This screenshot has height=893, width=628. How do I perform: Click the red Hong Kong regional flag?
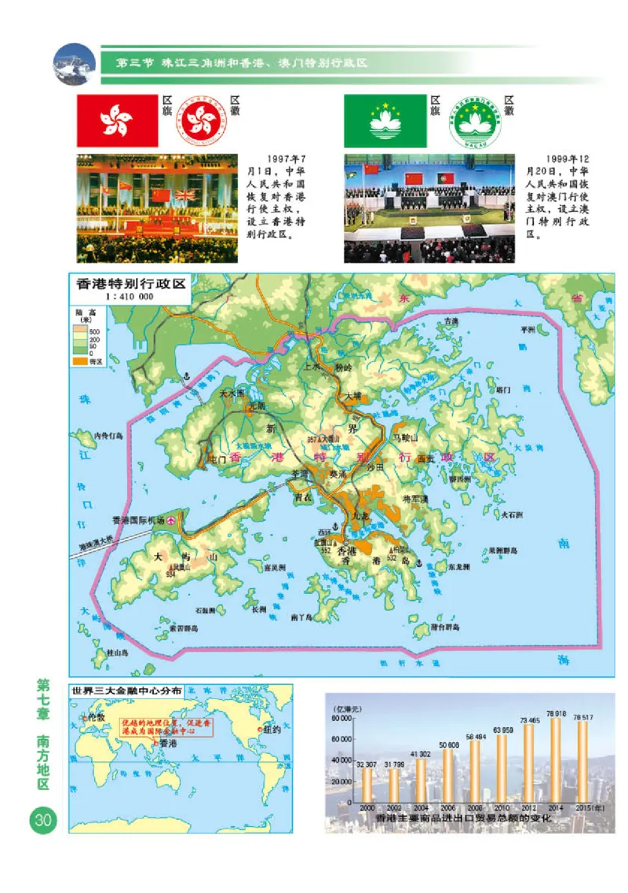tap(116, 121)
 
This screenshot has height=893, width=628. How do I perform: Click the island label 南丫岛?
tap(301, 617)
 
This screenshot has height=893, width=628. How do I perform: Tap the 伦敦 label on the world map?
tap(97, 717)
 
